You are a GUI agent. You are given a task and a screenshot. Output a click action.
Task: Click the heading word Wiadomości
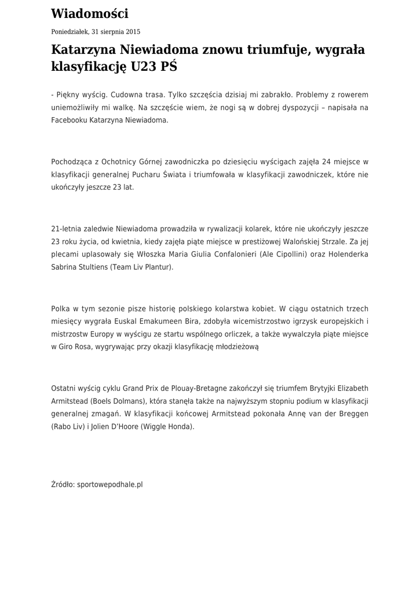coord(90,14)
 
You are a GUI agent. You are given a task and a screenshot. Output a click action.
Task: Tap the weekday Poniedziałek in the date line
coord(70,32)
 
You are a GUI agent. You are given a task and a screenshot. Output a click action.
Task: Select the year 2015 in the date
coord(132,32)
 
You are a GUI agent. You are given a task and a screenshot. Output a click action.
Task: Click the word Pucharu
coord(157,175)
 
